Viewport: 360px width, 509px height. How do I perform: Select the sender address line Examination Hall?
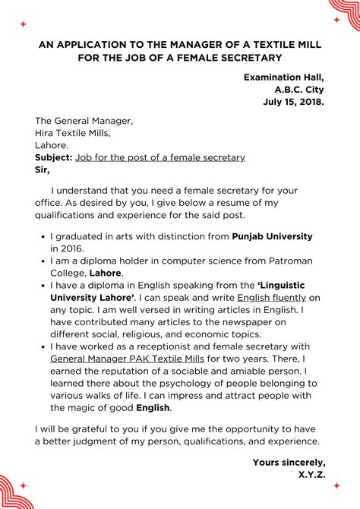(284, 77)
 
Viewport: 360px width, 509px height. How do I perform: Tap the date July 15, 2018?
(294, 102)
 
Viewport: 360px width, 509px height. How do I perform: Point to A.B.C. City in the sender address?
(295, 90)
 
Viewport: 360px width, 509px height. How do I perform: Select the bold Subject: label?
(53, 157)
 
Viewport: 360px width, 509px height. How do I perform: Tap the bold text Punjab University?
(272, 236)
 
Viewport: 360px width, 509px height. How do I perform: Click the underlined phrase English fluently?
(272, 297)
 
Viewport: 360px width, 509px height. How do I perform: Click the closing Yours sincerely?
(289, 462)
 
